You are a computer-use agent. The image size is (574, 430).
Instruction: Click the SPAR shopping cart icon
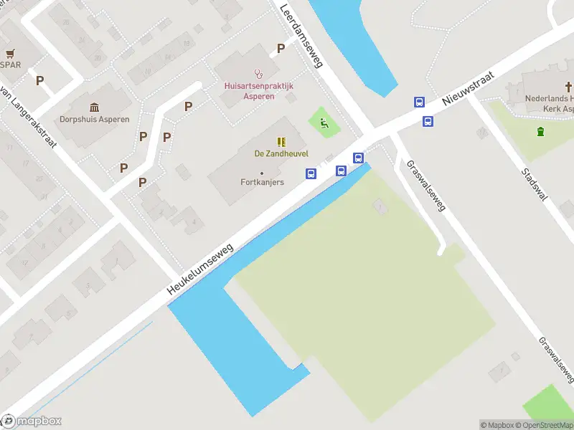tap(11, 53)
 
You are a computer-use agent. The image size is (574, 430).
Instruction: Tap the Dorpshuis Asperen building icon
tap(94, 107)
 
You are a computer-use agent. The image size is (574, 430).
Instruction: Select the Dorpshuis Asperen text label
tap(94, 119)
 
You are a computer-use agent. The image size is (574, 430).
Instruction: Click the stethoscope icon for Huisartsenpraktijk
tap(259, 73)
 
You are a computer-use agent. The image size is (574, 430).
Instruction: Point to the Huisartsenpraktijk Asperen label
tap(259, 90)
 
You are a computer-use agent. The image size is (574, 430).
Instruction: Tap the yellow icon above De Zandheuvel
tap(281, 141)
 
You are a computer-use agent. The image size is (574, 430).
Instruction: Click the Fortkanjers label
tap(262, 182)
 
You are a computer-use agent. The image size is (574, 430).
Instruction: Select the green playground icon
tap(324, 123)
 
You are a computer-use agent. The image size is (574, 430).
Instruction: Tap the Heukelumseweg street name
tap(201, 269)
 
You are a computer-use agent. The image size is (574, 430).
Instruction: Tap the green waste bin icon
tap(540, 131)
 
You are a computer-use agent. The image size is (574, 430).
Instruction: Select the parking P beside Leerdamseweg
tap(281, 49)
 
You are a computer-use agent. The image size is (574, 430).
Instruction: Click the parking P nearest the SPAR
tap(40, 81)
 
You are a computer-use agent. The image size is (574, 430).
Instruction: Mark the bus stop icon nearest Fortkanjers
tap(311, 173)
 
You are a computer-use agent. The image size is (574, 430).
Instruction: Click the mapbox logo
tap(32, 421)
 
